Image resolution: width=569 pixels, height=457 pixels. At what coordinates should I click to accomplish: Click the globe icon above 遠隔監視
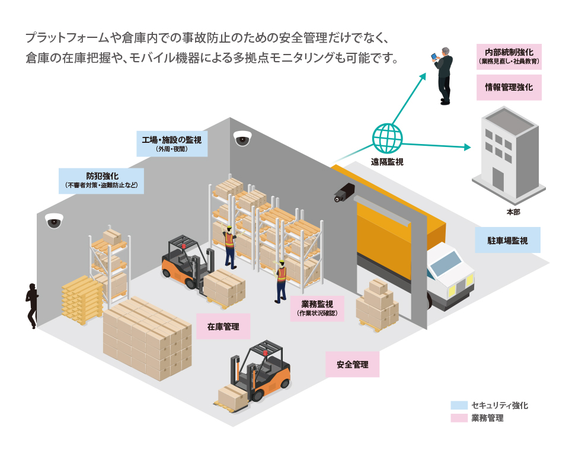386,138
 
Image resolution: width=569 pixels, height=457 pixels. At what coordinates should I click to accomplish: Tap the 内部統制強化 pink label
509,56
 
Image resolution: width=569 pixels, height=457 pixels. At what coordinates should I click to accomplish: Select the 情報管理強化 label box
509,87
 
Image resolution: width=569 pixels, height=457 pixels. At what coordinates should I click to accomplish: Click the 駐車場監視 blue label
507,241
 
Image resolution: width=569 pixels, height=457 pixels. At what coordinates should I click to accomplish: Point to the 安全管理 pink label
352,365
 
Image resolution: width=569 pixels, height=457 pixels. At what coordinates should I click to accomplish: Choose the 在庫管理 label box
223,327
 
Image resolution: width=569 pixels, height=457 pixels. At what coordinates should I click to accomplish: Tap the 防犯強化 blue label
101,180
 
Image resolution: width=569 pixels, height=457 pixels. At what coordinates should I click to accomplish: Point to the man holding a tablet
442,75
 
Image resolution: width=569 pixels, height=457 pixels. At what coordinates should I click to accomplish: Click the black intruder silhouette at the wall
31,303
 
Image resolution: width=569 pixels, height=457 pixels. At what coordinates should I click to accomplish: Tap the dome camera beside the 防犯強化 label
54,221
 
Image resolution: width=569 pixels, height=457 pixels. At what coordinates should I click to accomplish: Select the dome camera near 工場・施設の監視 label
242,138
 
